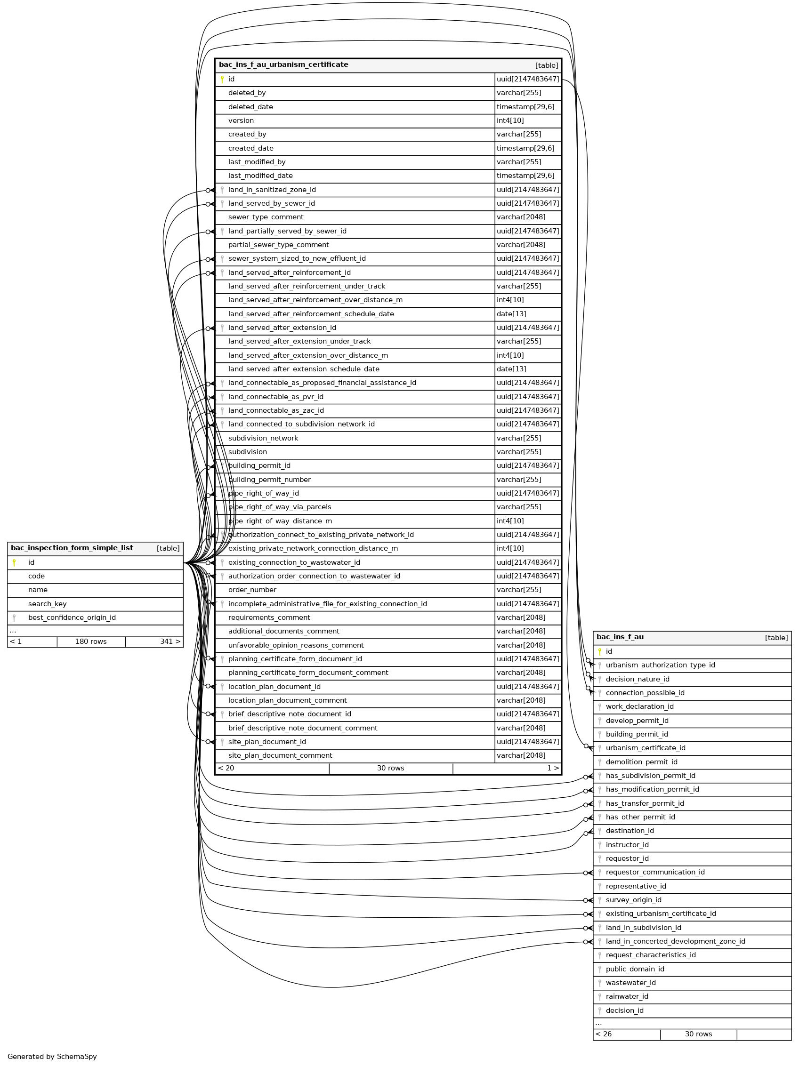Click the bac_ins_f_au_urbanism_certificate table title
pos(283,64)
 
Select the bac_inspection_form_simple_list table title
pos(72,548)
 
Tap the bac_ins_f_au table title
pos(620,637)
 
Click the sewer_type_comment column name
pos(266,217)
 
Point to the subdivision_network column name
pos(263,439)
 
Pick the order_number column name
pos(252,590)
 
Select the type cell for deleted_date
pos(525,107)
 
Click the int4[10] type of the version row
pos(510,120)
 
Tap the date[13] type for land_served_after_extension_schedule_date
pos(511,369)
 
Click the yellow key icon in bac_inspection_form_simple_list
pos(15,562)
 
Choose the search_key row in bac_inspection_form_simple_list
pos(47,604)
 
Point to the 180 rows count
pos(91,642)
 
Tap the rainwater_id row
pos(627,997)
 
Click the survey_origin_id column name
pos(633,900)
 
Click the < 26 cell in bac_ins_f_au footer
pos(604,1034)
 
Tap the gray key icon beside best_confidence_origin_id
pos(15,618)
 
